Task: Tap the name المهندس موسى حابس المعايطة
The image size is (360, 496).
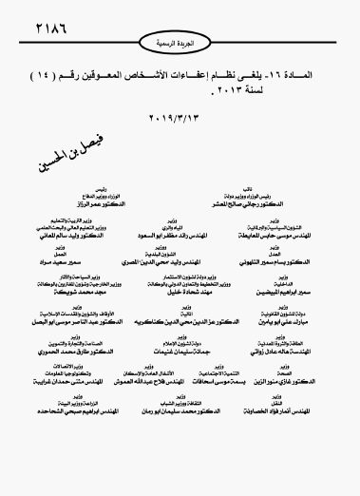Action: (270, 234)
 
